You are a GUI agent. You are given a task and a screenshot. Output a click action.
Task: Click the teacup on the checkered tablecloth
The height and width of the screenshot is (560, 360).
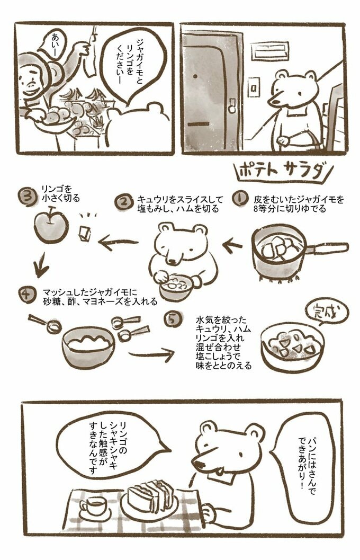(x=93, y=506)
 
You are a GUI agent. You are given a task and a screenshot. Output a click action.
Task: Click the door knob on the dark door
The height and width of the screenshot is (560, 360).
(x=232, y=105)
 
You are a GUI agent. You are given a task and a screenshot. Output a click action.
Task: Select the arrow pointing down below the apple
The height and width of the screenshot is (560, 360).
(x=40, y=265)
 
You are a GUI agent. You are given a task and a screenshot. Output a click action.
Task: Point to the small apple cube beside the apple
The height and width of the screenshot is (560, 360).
(x=85, y=233)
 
